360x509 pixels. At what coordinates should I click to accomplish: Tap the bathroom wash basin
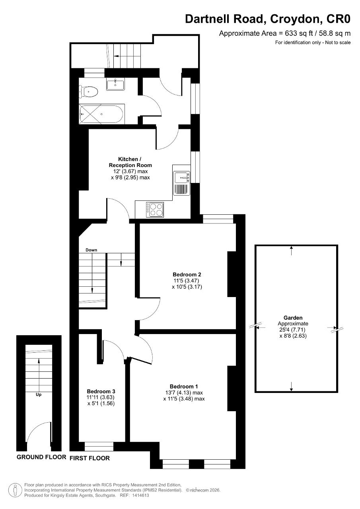115,84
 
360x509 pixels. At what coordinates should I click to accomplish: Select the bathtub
102,114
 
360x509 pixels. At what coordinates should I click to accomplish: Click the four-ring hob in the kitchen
155,210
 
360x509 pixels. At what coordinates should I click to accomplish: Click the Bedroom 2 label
187,274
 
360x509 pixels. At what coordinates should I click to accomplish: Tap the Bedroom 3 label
101,391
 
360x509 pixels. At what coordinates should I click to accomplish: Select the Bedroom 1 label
184,386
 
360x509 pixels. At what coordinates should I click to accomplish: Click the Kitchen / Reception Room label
130,162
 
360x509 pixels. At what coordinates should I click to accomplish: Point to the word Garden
293,318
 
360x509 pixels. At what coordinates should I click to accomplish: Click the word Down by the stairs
91,250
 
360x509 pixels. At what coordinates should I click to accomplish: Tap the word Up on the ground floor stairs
39,395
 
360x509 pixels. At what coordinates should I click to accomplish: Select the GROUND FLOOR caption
41,457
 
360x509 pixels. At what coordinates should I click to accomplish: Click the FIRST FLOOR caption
90,458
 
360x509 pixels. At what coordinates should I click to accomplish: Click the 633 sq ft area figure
299,33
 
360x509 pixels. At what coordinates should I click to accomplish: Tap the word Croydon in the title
296,19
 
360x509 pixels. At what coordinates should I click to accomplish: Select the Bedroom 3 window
99,446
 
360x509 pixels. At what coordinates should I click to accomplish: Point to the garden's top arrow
291,250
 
